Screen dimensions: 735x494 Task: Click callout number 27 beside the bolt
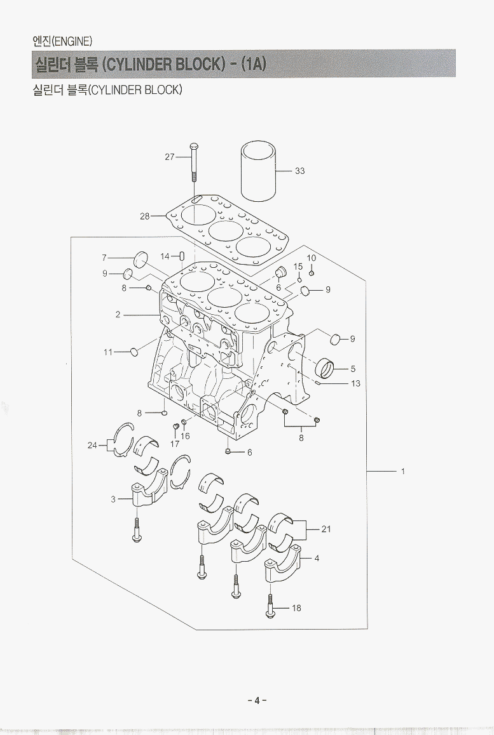coord(169,157)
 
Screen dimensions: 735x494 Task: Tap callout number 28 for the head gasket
coord(144,216)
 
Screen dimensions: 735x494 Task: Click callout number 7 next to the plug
coord(104,258)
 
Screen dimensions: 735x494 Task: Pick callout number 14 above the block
coord(165,256)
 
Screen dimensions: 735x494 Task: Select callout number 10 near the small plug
coord(311,258)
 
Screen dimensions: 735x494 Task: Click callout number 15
coord(298,267)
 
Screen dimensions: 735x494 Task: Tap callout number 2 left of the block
coord(118,314)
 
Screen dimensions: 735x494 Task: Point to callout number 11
coord(108,352)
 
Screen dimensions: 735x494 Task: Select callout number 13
coord(355,383)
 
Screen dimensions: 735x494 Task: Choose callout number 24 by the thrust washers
coord(92,446)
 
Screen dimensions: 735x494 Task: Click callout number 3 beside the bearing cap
coord(113,500)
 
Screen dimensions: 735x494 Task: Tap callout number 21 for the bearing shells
coord(326,529)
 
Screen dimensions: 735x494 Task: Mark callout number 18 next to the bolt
coord(296,608)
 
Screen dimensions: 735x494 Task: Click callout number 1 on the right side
coord(403,472)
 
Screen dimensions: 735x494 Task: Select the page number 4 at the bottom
coord(257,701)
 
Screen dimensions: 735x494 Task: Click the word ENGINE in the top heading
coord(72,42)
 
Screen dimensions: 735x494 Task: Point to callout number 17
coord(174,444)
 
